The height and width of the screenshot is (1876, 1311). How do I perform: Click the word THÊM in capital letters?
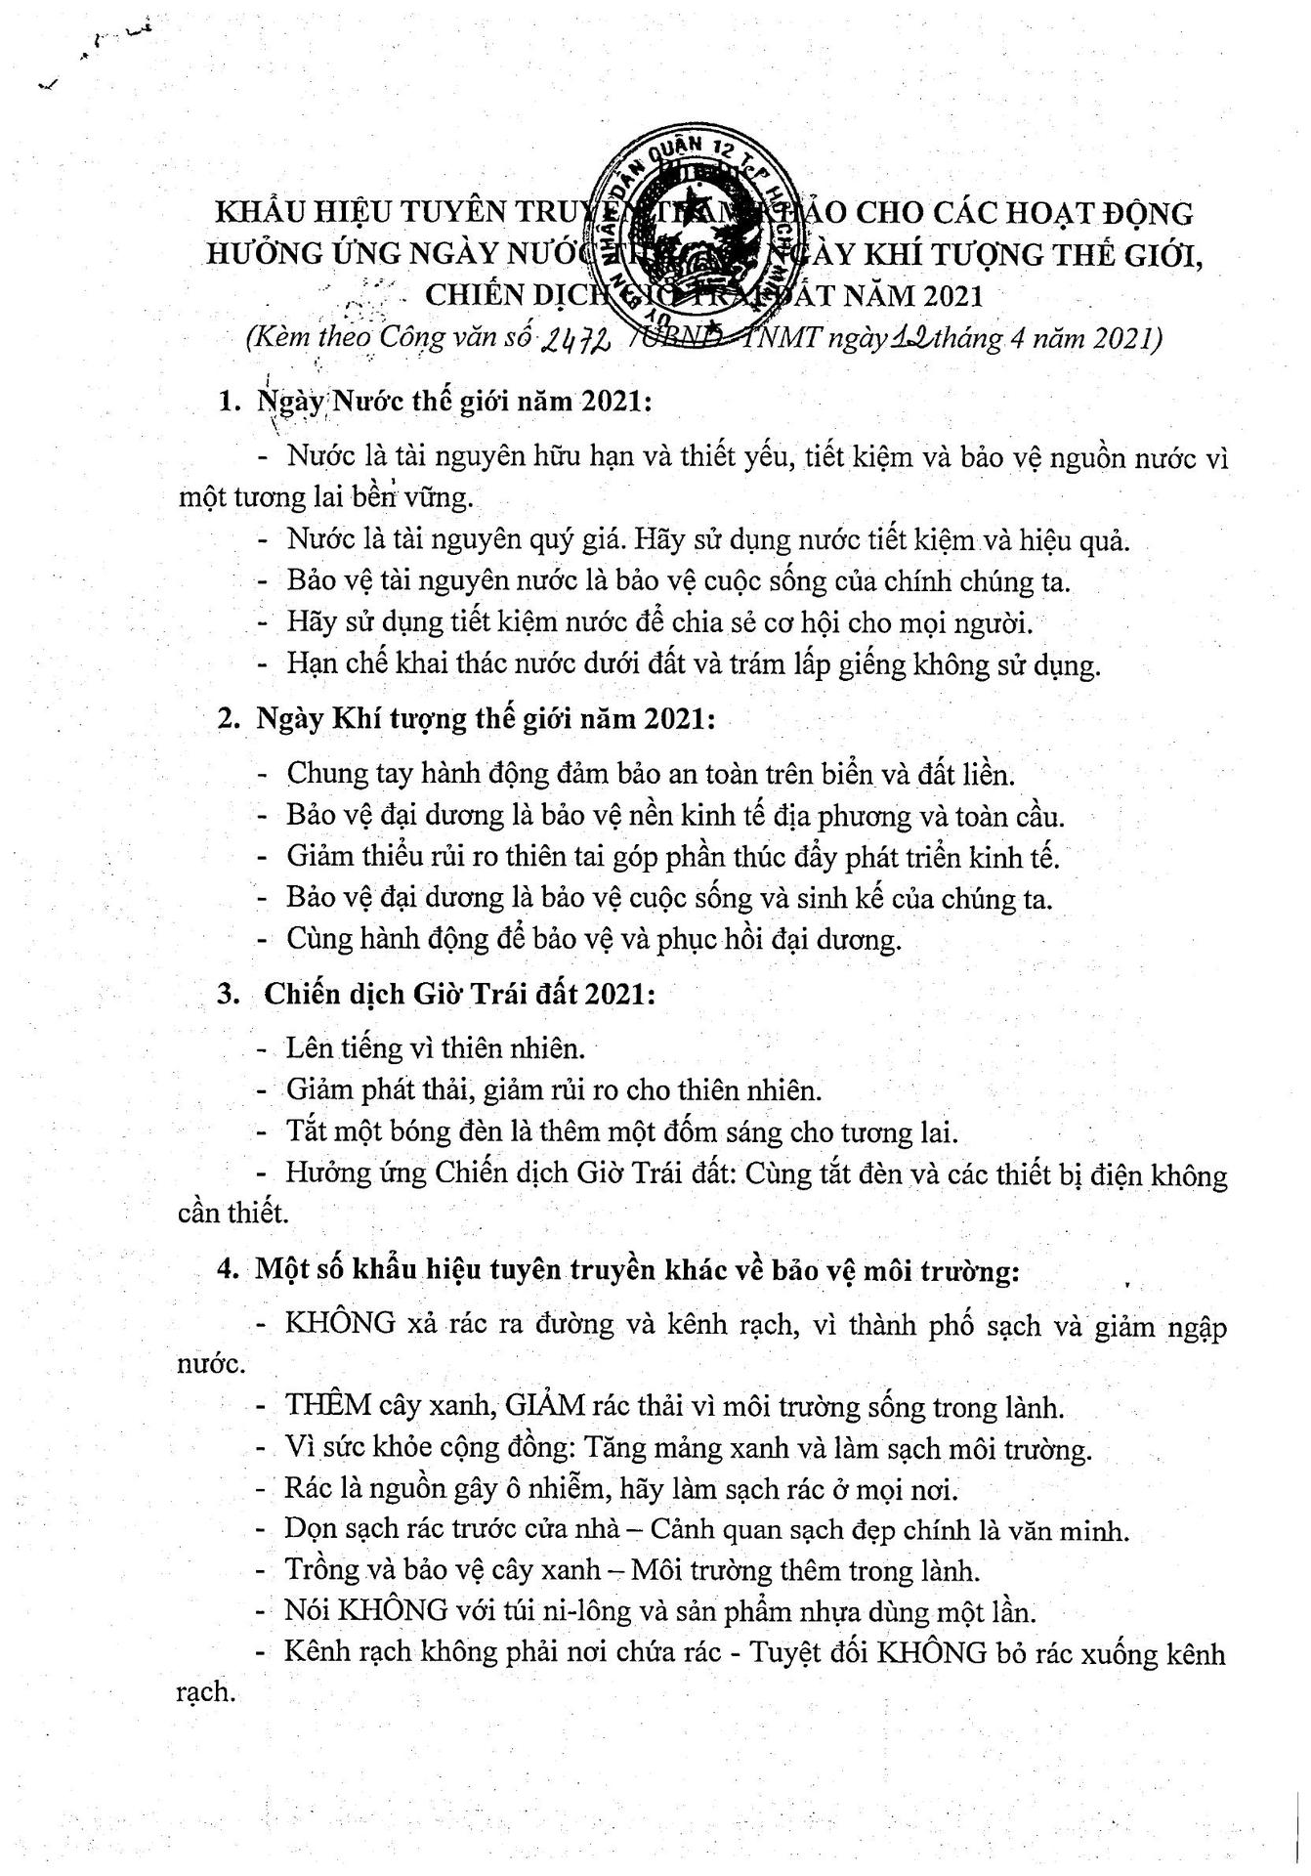327,1406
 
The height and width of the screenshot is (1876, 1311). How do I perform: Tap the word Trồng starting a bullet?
323,1571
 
